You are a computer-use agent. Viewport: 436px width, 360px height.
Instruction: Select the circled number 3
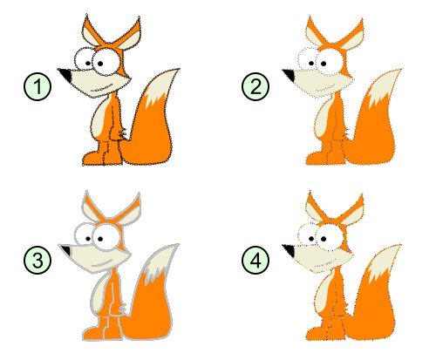[x=35, y=259]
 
